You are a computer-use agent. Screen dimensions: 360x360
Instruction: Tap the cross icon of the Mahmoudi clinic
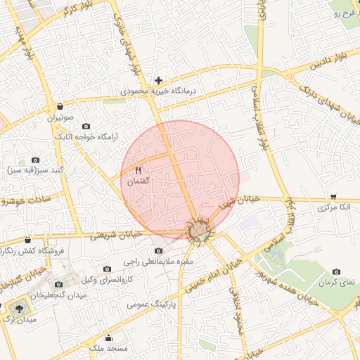click(x=159, y=81)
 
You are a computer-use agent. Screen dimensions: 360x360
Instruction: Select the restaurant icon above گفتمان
click(x=138, y=170)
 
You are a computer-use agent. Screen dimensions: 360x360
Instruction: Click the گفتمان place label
click(x=138, y=181)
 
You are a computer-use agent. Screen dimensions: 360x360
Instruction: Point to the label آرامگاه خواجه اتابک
click(x=86, y=136)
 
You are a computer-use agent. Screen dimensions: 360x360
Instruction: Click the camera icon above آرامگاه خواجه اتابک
click(x=86, y=126)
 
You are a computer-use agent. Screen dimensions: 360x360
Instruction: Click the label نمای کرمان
click(x=337, y=282)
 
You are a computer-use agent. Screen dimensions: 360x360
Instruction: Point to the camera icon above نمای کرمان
click(x=337, y=271)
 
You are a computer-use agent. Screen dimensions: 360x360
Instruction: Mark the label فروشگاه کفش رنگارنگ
click(x=32, y=250)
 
